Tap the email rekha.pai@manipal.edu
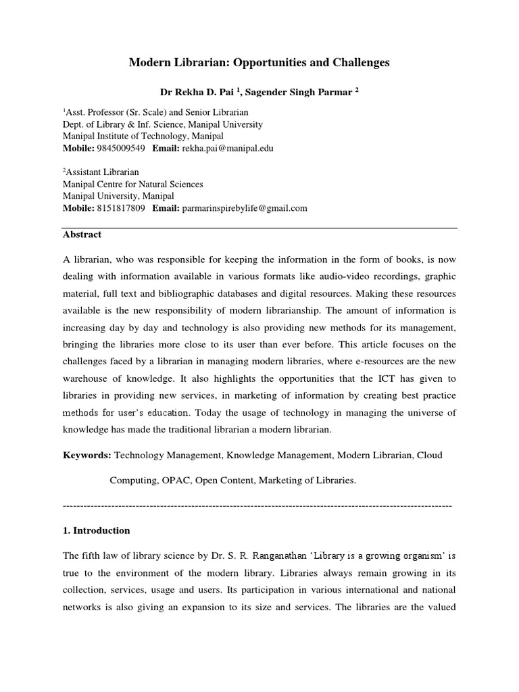(x=226, y=147)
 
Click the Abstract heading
(x=82, y=234)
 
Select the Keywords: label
(x=86, y=455)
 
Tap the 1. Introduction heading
(x=96, y=530)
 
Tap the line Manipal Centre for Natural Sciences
(x=132, y=184)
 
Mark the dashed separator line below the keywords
(x=257, y=505)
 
